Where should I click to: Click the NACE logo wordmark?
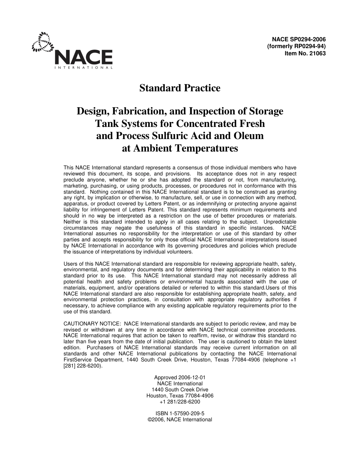point(84,57)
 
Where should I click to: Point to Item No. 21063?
point(305,53)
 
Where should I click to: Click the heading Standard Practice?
point(180,88)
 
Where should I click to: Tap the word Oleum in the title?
point(248,136)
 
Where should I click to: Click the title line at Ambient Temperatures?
point(180,148)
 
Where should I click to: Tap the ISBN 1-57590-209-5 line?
point(180,414)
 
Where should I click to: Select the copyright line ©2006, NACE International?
point(180,420)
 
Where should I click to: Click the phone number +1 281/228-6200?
point(180,402)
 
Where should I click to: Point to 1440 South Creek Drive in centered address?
point(180,390)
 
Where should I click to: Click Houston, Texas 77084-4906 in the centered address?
point(180,396)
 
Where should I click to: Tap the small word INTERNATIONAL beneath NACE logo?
point(84,68)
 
